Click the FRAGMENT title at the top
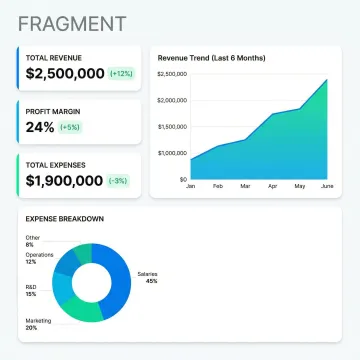coord(72,23)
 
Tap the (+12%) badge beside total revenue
coord(121,74)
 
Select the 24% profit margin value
coord(40,127)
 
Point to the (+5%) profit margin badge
coord(69,127)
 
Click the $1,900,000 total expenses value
coord(65,181)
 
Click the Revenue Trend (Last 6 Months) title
coord(212,58)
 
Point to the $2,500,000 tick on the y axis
coord(173,74)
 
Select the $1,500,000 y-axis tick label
coord(173,127)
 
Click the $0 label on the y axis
coord(183,179)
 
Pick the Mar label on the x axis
coord(245,187)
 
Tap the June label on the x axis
coord(326,187)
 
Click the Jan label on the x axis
coord(191,187)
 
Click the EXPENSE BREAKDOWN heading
coord(66,218)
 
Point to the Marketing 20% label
coord(37,323)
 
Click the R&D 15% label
coord(31,290)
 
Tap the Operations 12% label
coord(39,258)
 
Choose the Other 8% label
coord(32,241)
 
